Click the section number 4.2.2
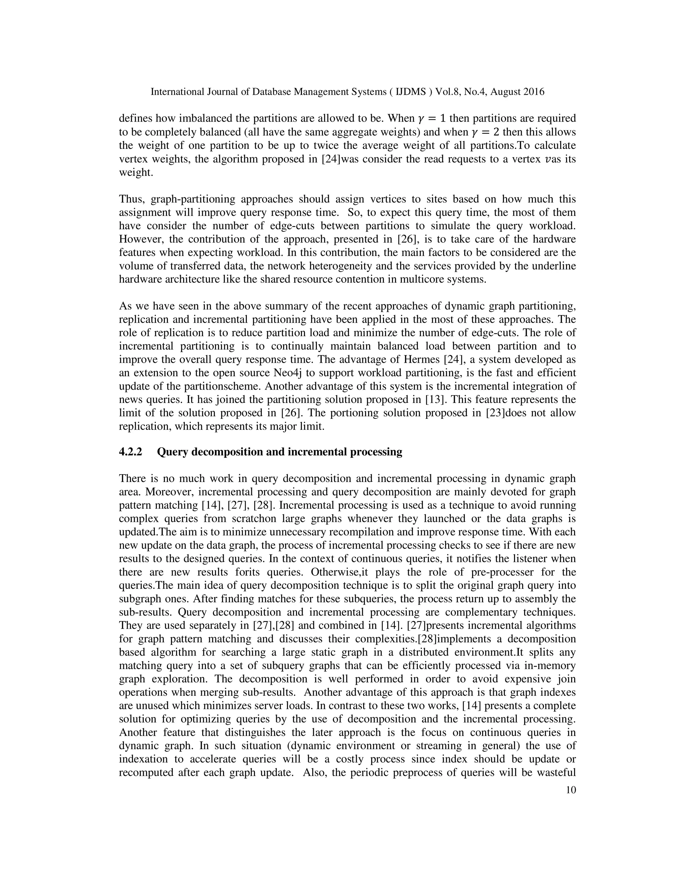point(130,452)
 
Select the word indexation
point(143,759)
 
